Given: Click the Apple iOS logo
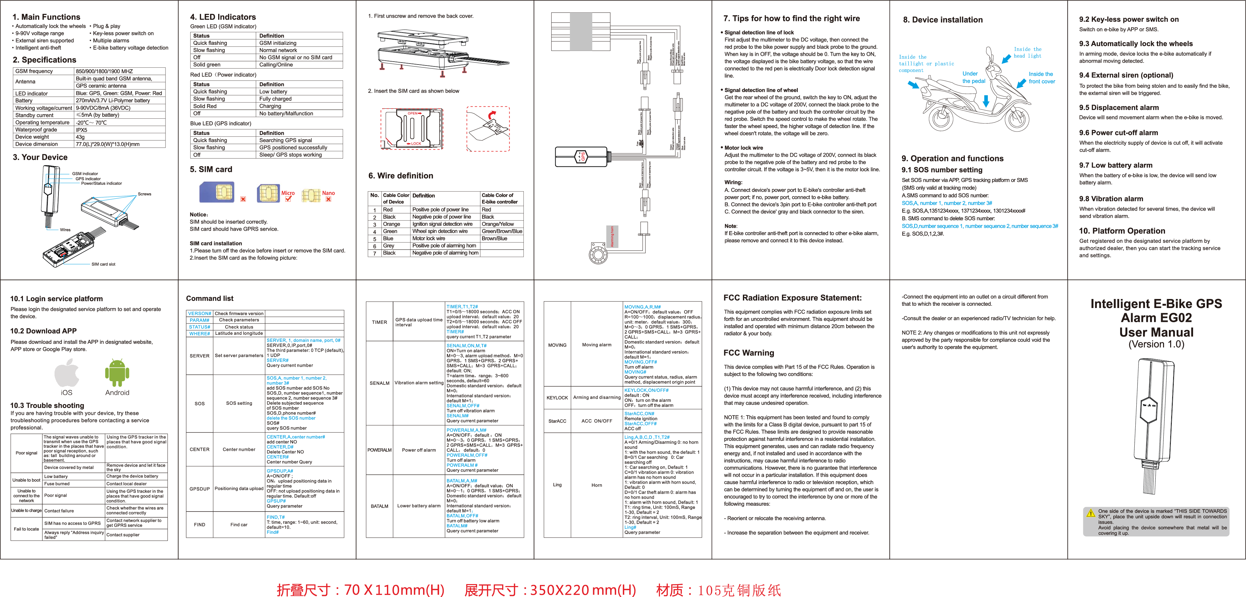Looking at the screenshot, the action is (67, 373).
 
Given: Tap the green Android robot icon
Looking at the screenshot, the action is (117, 373).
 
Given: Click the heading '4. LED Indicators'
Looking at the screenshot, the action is (223, 17).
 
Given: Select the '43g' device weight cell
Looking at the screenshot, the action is (80, 137).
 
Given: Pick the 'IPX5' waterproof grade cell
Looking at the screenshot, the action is (81, 130).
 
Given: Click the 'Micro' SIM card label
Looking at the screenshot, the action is (288, 193).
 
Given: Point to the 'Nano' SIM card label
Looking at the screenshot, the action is (329, 193).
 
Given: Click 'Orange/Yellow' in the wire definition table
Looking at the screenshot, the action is (498, 224).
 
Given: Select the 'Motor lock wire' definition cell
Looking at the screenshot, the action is (429, 238).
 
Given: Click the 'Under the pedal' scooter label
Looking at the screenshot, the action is (973, 77).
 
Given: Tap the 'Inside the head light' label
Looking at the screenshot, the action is (1028, 52).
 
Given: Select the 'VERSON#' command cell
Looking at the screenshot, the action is (199, 313).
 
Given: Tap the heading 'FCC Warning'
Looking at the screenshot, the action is (748, 353).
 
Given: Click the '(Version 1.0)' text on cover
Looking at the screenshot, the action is (1156, 344).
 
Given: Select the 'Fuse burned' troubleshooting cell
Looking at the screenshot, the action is (57, 483).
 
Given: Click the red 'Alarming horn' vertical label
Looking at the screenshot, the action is (612, 236).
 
